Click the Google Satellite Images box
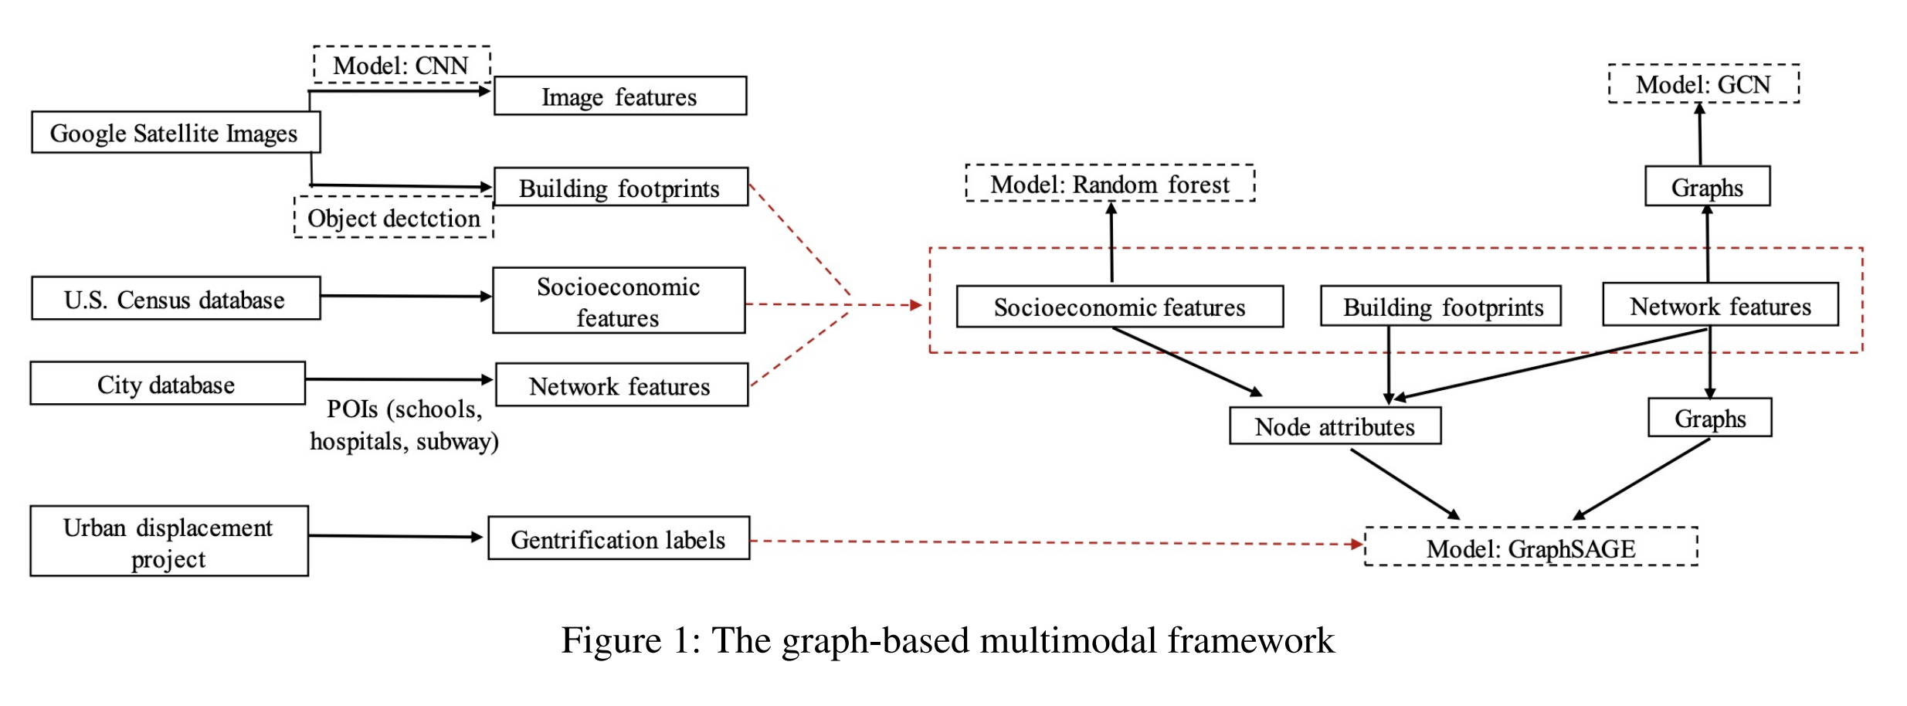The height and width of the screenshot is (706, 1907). click(x=175, y=133)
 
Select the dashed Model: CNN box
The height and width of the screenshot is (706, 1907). click(x=401, y=65)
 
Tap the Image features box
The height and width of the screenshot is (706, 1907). click(x=619, y=97)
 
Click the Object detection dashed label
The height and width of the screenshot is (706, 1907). click(x=393, y=218)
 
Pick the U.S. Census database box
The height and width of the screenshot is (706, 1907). click(x=175, y=299)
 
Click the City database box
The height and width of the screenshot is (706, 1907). click(x=167, y=384)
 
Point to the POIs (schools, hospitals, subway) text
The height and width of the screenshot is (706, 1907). click(x=404, y=425)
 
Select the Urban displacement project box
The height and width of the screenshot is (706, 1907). click(x=168, y=541)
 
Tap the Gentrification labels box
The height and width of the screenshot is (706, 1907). click(x=618, y=538)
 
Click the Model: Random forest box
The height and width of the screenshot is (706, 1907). click(x=1109, y=184)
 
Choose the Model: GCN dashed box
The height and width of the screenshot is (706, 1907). click(x=1702, y=84)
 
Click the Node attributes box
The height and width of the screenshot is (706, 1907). click(x=1334, y=426)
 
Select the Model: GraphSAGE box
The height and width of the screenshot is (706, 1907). click(x=1530, y=548)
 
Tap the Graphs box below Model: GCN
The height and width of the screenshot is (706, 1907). click(x=1706, y=187)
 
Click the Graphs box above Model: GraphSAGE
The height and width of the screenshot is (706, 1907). click(x=1709, y=419)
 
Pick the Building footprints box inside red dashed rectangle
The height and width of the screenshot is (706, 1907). click(x=1441, y=307)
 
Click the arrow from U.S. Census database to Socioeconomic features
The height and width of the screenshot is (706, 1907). click(x=405, y=296)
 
